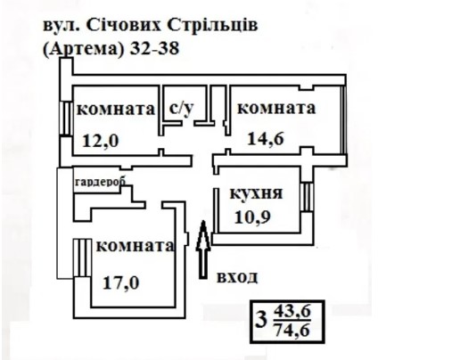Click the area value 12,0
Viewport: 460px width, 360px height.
coord(101,141)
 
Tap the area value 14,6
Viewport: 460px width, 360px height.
coord(266,138)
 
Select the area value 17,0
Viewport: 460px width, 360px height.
coord(121,282)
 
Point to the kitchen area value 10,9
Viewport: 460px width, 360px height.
coord(252,217)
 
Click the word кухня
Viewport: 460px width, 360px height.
coord(256,193)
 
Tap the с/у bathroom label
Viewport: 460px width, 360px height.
coord(181,108)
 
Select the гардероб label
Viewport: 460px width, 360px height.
coord(101,181)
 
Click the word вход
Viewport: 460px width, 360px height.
coord(237,277)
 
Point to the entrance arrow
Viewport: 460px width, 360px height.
coord(203,250)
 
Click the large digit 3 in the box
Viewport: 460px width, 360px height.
coord(261,321)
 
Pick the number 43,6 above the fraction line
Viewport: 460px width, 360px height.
coord(292,312)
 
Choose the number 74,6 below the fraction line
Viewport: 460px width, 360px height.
coord(292,330)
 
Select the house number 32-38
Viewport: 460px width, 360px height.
coord(154,48)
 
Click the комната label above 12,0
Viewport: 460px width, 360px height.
coord(116,110)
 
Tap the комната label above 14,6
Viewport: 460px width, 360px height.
coord(276,108)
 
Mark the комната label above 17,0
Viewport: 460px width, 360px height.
coord(136,246)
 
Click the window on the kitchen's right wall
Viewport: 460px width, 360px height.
coord(307,197)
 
